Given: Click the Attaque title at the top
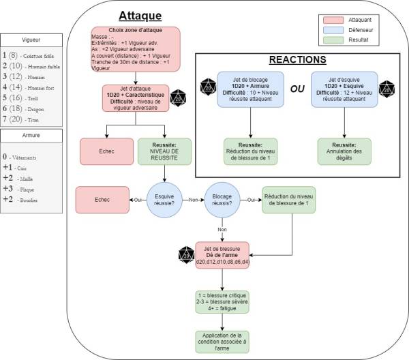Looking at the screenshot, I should point(140,15).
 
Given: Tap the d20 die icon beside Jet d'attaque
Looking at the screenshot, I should point(179,97).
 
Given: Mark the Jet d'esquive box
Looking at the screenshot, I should point(344,90).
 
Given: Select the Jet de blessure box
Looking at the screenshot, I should point(222,253).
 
